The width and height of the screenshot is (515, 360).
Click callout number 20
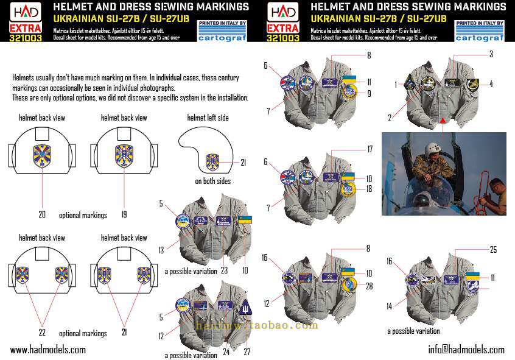tap(41, 215)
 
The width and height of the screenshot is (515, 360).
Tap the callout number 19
tap(124, 215)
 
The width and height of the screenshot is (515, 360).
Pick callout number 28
tap(369, 286)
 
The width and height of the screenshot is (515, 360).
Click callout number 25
tap(493, 250)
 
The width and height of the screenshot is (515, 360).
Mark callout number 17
tap(370, 149)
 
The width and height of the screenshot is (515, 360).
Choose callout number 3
tap(491, 54)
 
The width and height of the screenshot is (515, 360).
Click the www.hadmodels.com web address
tap(48, 350)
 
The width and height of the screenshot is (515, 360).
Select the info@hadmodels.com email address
tap(466, 350)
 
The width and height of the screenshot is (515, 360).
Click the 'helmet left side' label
tap(209, 118)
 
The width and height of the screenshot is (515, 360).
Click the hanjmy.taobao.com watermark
tap(256, 326)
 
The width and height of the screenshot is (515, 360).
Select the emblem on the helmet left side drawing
tap(212, 161)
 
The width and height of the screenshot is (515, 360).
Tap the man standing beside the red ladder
tap(497, 196)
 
